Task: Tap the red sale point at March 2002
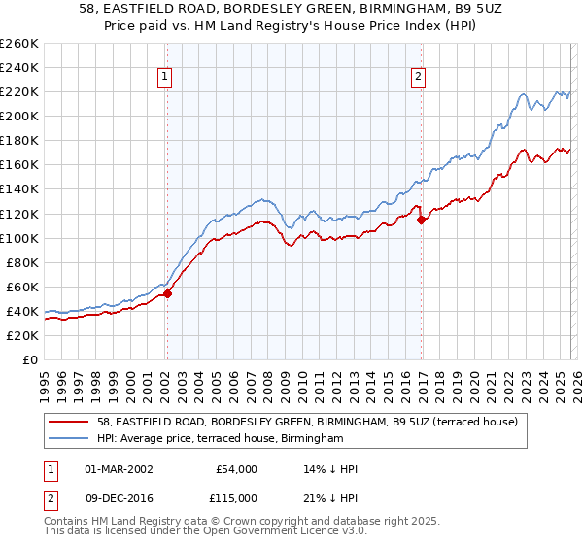[167, 293]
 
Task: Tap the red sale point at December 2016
[421, 220]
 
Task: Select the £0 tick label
[28, 359]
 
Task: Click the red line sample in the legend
[70, 422]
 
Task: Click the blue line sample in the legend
[70, 439]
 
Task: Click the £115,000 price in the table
[235, 497]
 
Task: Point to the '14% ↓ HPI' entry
[329, 469]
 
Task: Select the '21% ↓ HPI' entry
[329, 497]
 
